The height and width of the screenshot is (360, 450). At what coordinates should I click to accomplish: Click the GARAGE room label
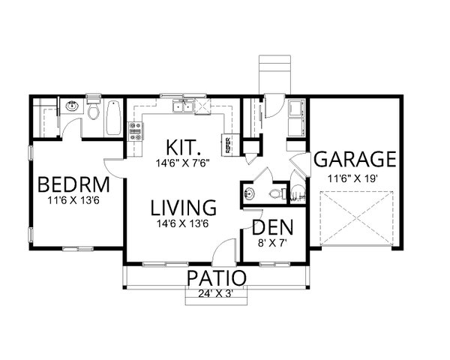click(354, 159)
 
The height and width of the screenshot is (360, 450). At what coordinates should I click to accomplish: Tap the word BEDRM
click(73, 185)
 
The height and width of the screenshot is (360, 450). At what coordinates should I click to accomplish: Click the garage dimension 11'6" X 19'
click(354, 178)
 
